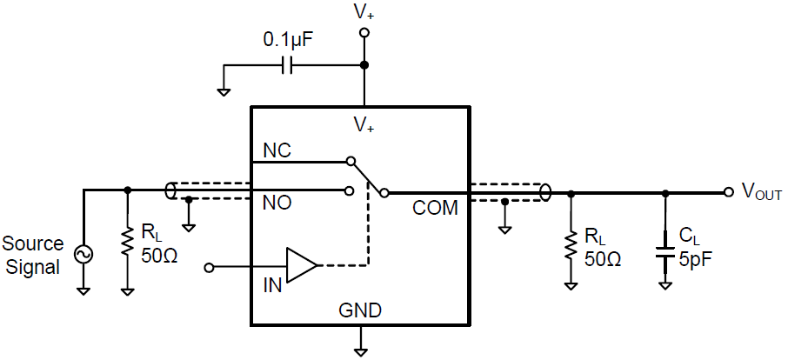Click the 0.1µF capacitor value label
[x=289, y=40]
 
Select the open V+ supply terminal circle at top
[x=364, y=32]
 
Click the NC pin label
[x=277, y=150]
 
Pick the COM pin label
[x=435, y=208]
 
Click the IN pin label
[x=273, y=284]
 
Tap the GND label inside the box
[x=361, y=310]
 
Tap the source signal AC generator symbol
[x=84, y=253]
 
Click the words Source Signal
[x=33, y=256]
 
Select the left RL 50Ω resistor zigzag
[x=128, y=245]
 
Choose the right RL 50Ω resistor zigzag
[x=571, y=245]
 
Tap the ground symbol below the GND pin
[x=361, y=350]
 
